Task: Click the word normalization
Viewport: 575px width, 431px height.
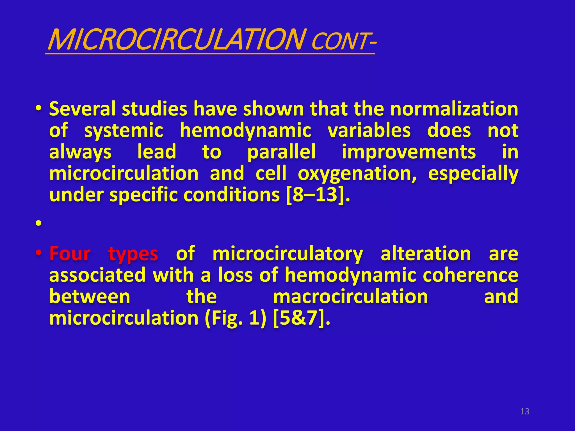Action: [454, 109]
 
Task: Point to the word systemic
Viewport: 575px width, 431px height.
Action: [124, 130]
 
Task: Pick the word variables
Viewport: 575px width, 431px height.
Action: [369, 130]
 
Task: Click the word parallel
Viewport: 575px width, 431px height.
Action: [281, 152]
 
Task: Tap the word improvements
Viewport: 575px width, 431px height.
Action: [409, 152]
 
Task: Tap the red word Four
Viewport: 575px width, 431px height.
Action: [70, 253]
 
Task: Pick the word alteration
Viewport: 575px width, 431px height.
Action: [426, 253]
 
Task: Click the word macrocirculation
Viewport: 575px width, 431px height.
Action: [350, 297]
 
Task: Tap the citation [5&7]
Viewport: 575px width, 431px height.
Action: [301, 318]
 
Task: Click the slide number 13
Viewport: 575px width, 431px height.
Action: [524, 411]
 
